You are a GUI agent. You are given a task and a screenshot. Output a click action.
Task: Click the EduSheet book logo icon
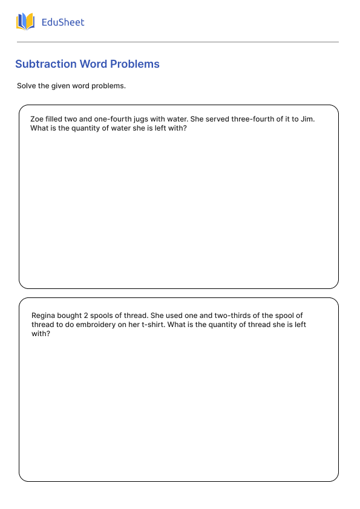coord(25,22)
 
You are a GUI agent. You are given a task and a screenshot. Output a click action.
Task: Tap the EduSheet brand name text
coord(63,22)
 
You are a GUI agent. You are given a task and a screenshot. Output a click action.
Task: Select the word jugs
coord(143,119)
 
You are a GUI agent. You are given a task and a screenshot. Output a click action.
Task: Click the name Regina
coord(44,316)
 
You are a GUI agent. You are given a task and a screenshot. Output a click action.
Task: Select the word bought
coord(71,316)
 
